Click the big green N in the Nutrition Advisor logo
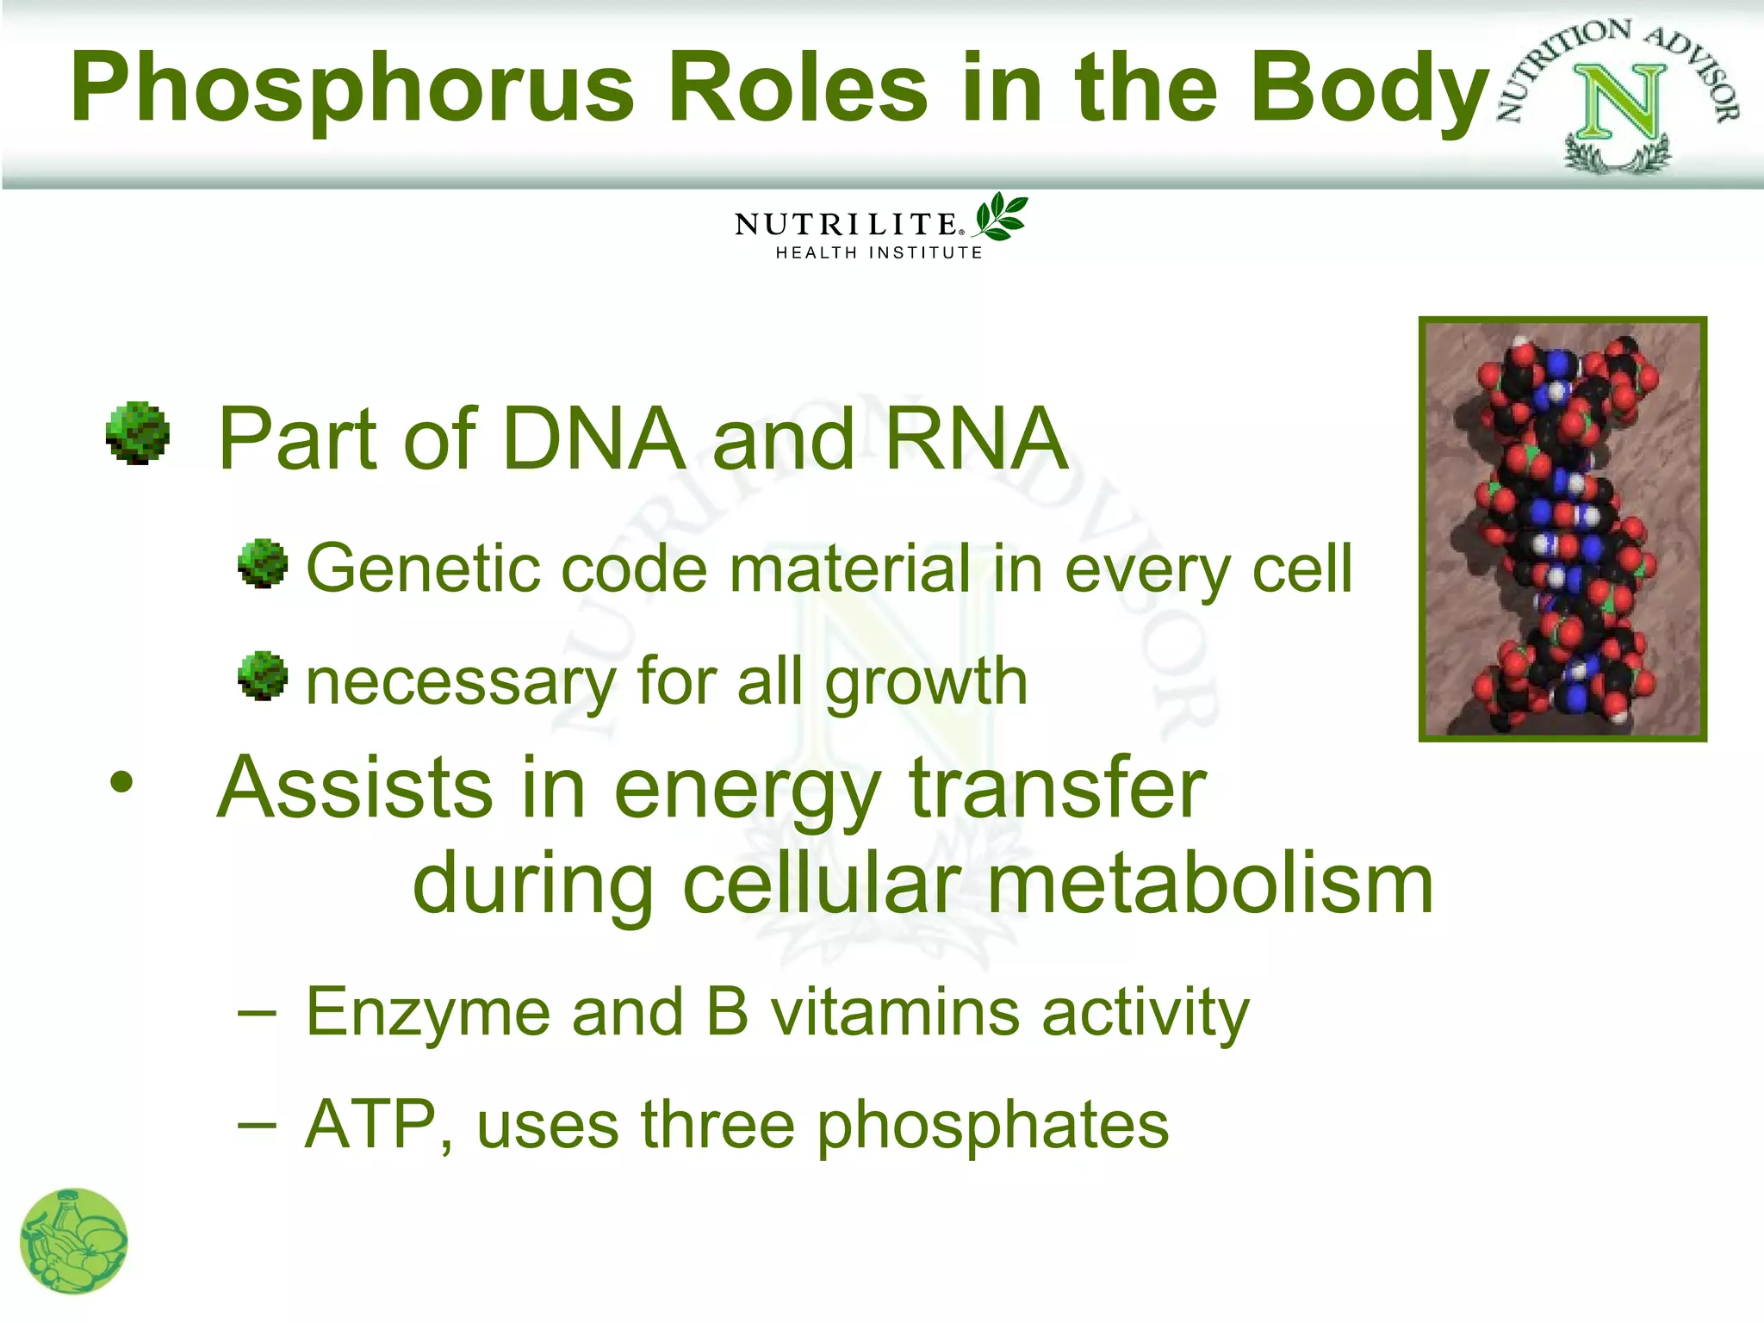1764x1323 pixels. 1619,103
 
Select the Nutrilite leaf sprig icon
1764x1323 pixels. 1001,217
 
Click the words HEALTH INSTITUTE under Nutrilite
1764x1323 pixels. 879,252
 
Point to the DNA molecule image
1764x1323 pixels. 1562,528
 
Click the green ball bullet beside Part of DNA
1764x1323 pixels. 138,433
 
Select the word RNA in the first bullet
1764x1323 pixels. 976,438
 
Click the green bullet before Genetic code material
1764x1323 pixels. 263,564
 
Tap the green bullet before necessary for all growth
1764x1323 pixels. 263,676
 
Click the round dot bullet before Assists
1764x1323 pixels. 122,782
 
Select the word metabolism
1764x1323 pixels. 1210,885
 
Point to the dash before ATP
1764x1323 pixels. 257,1123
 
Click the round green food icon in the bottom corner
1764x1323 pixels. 74,1241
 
